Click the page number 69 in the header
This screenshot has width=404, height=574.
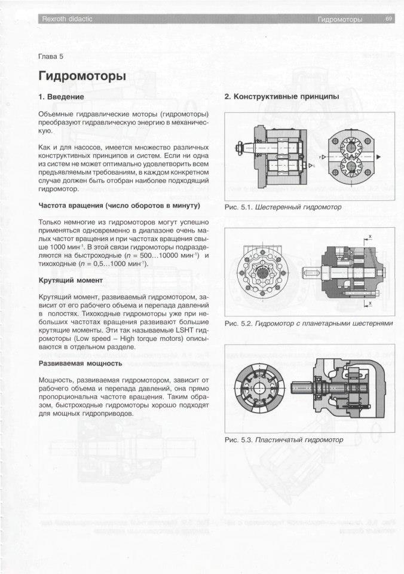click(x=388, y=19)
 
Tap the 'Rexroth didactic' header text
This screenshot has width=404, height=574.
click(x=65, y=20)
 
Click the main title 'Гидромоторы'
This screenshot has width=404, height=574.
click(x=82, y=77)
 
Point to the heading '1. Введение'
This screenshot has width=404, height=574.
click(x=61, y=96)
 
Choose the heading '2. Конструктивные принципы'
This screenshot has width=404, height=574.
click(x=281, y=96)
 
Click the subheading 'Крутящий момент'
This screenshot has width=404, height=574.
click(x=71, y=279)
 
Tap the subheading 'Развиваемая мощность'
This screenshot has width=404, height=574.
click(x=80, y=363)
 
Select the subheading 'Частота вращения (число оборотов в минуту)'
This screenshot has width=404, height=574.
click(x=119, y=206)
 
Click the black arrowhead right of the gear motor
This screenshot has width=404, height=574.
click(x=378, y=157)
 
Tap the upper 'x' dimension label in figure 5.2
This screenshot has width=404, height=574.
click(x=370, y=237)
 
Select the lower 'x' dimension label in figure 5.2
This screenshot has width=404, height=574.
click(x=370, y=303)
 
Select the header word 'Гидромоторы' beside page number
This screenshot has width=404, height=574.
click(x=341, y=20)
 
